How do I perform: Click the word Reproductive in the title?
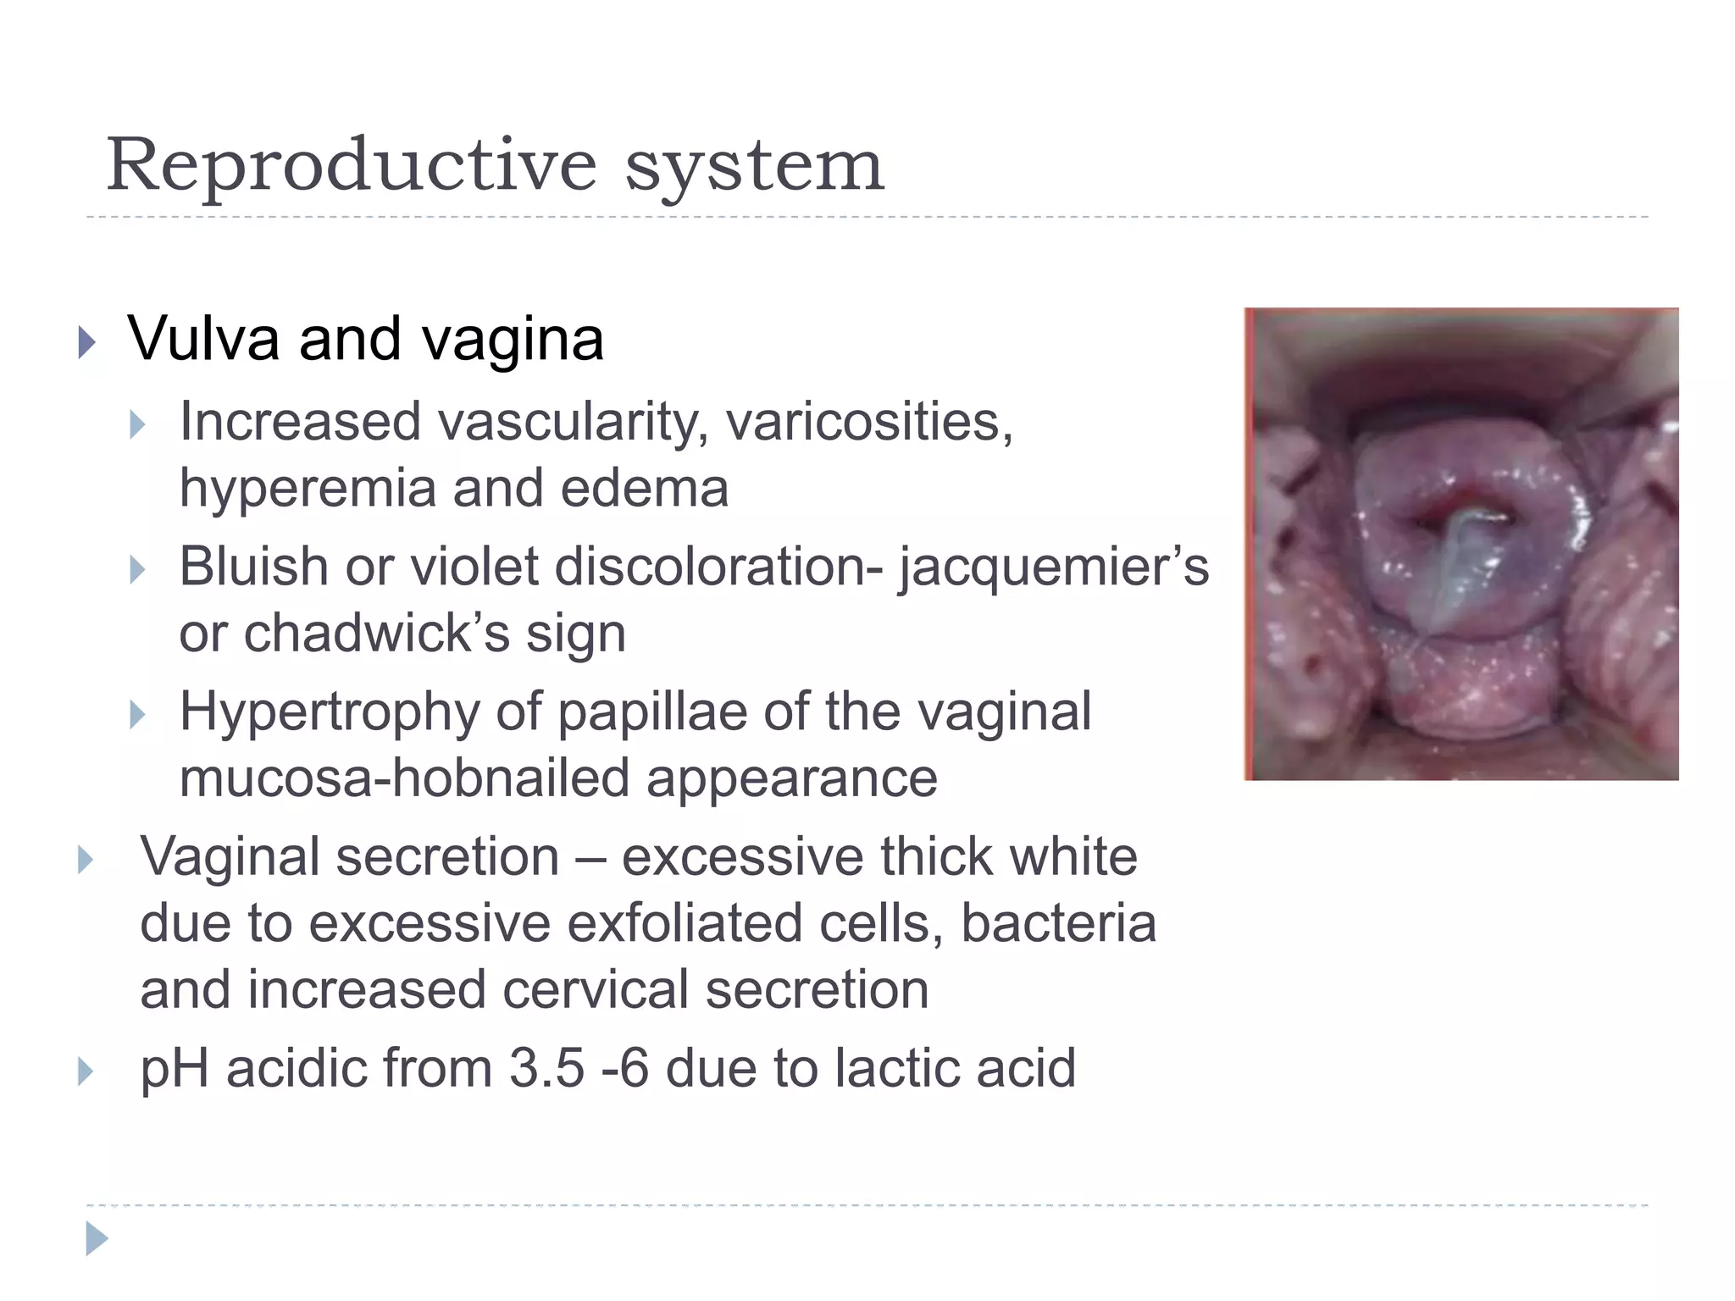click(352, 165)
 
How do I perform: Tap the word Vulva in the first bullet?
click(203, 339)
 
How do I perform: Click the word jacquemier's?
click(1054, 566)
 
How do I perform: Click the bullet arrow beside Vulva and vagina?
click(86, 343)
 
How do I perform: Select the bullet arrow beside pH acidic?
click(85, 1071)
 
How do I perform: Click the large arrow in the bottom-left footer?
click(97, 1239)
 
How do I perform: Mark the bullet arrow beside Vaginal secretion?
click(85, 860)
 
